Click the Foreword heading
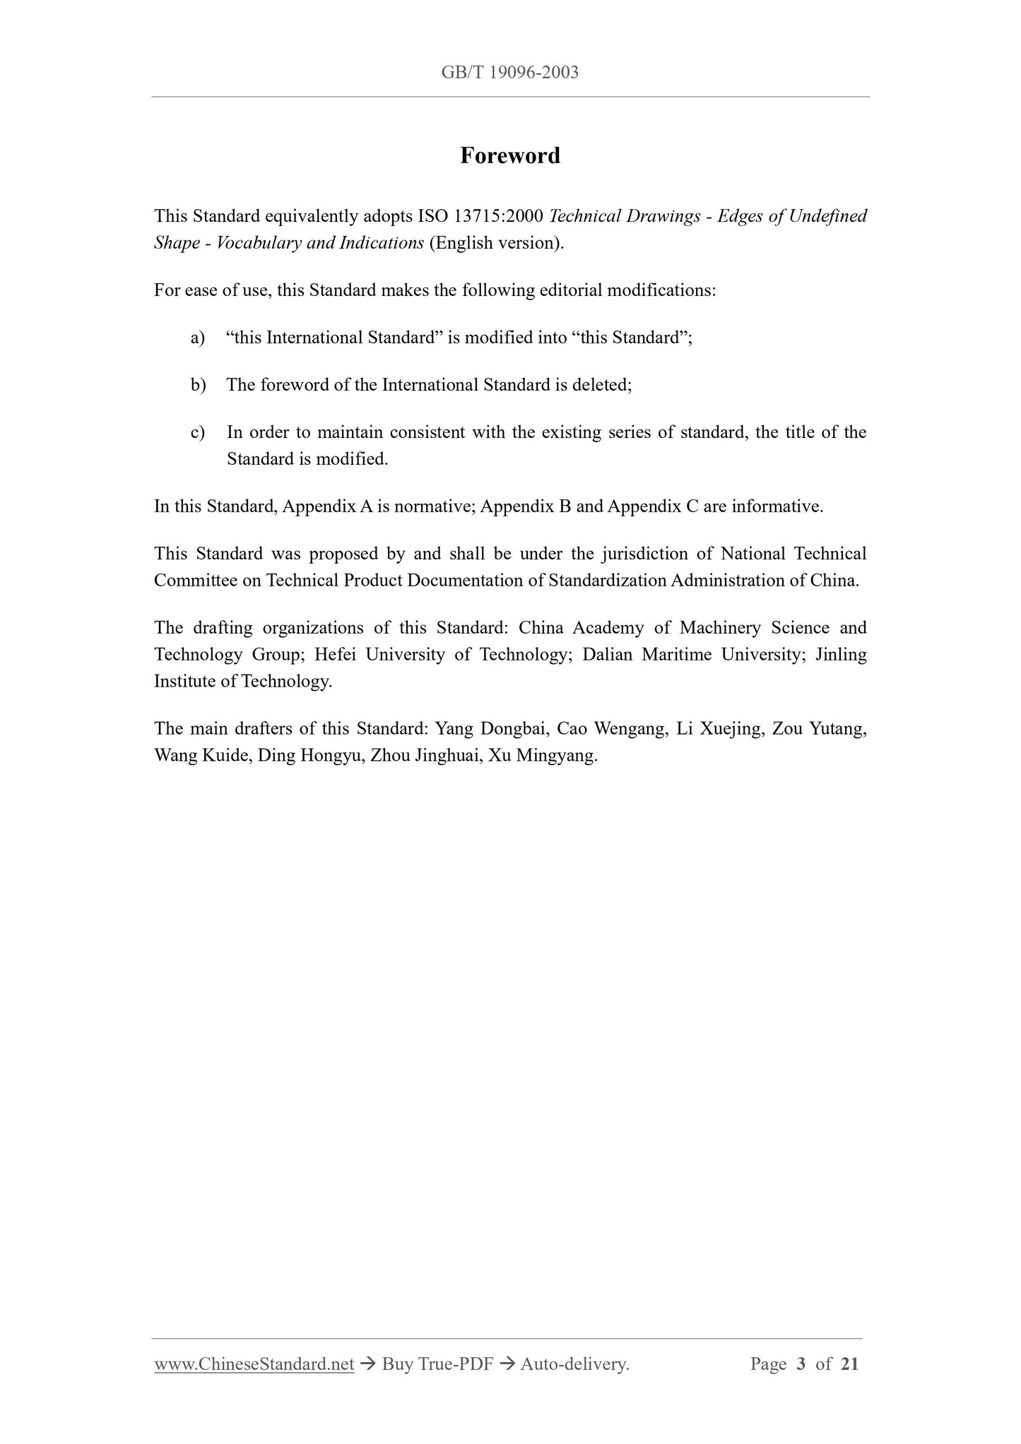[x=509, y=155]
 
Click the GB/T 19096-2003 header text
[x=509, y=72]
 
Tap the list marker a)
[x=198, y=338]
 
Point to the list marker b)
[x=198, y=385]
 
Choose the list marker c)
[x=198, y=432]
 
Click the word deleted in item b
[x=604, y=385]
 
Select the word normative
[x=433, y=507]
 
